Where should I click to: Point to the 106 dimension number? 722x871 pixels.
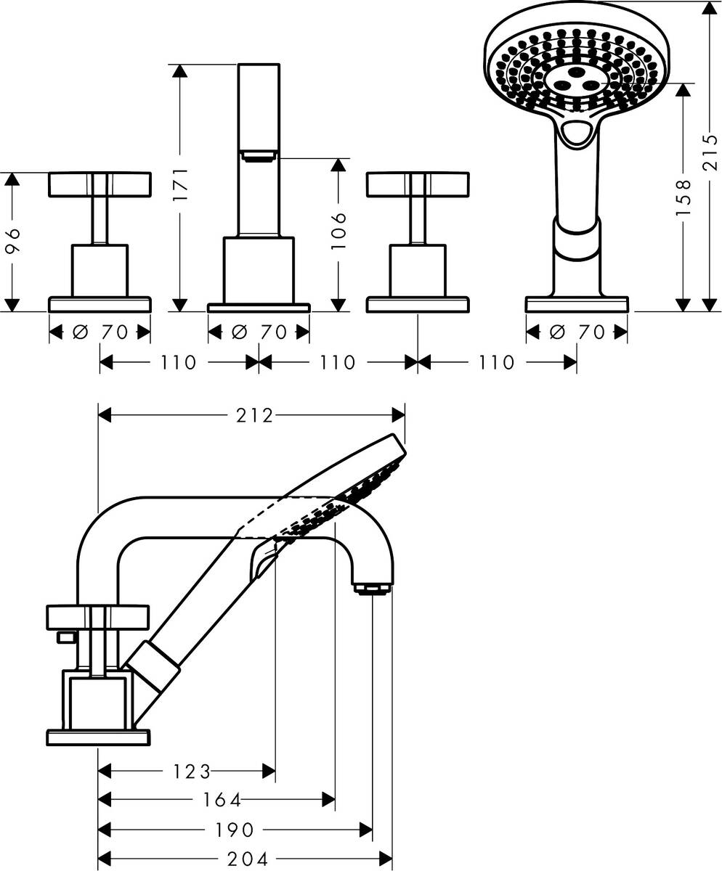point(338,232)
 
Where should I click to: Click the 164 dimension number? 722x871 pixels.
point(222,800)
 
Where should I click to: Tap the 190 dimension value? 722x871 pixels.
point(234,830)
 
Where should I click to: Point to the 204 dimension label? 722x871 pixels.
point(248,859)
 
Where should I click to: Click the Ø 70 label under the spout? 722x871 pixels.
point(259,332)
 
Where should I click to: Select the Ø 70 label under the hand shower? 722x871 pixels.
point(577,332)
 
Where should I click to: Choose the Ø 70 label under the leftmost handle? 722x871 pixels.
point(100,332)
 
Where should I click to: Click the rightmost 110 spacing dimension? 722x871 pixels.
point(497,361)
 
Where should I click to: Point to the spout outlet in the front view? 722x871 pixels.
point(259,154)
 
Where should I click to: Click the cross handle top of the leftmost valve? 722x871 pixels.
point(100,184)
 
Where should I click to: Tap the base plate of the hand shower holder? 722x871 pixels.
point(577,304)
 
